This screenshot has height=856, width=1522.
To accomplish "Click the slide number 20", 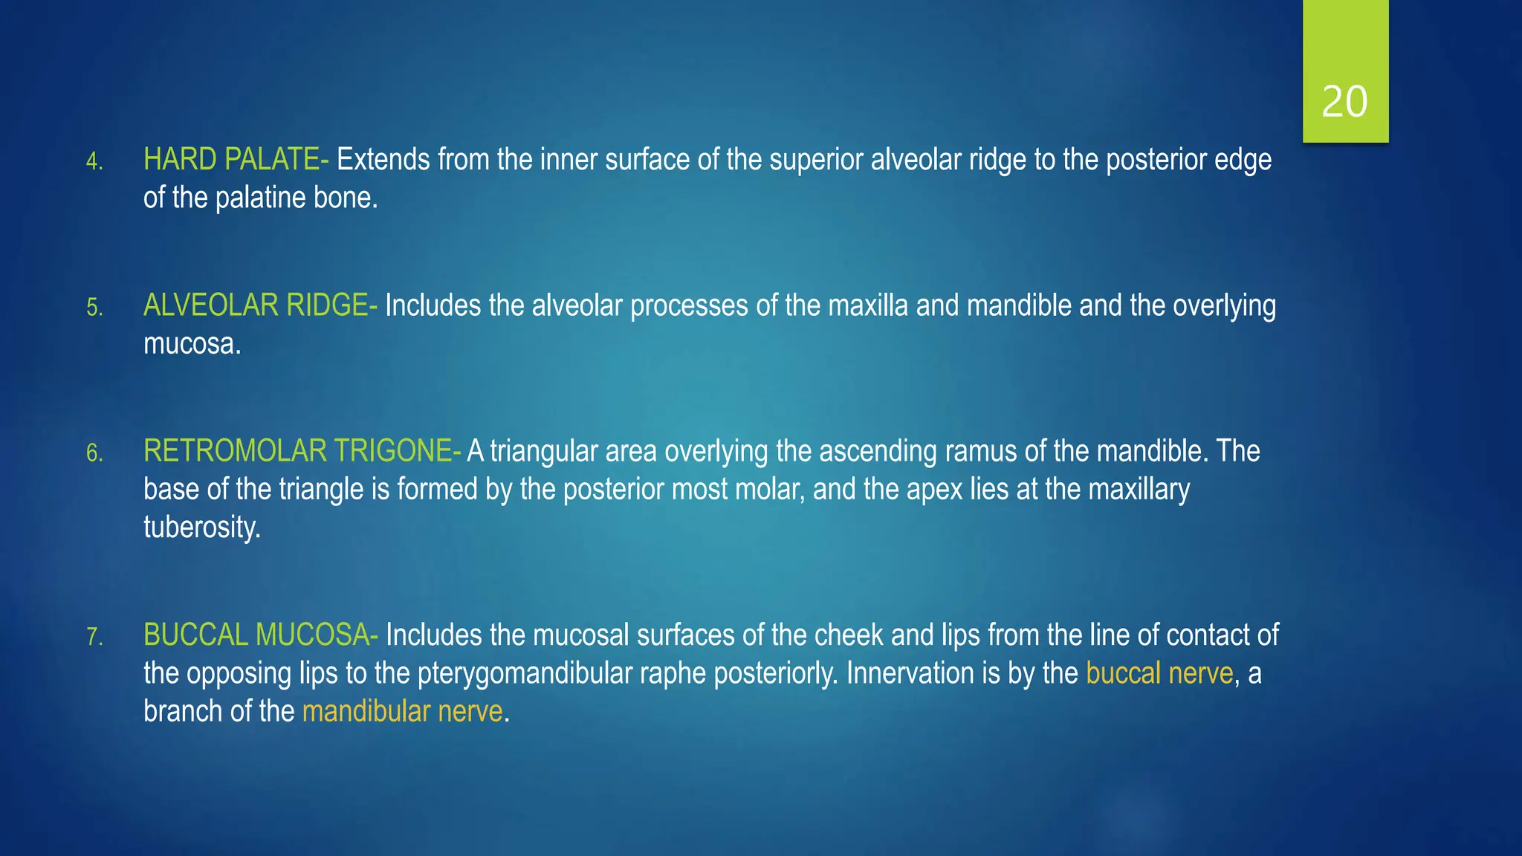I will (x=1344, y=102).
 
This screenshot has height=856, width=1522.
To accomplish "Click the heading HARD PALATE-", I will (x=236, y=160).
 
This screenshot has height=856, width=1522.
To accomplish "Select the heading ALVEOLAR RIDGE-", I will (x=260, y=305).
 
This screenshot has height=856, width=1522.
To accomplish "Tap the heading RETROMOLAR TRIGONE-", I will (x=302, y=451).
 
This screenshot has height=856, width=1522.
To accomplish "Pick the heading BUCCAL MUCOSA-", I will (x=260, y=635).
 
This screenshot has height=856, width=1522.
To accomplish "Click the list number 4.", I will (x=94, y=161).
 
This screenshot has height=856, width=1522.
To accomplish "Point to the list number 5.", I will (x=94, y=307).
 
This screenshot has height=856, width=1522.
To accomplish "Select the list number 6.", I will (x=94, y=453).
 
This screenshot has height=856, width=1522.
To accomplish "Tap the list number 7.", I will (x=94, y=637).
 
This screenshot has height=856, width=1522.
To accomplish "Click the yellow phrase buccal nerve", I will (x=1159, y=673).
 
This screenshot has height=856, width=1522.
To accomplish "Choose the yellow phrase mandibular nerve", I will (x=403, y=712).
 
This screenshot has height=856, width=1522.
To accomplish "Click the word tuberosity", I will (x=202, y=528).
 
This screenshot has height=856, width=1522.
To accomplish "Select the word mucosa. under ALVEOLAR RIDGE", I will (x=192, y=344).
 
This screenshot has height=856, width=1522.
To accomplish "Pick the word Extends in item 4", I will (x=383, y=160).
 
